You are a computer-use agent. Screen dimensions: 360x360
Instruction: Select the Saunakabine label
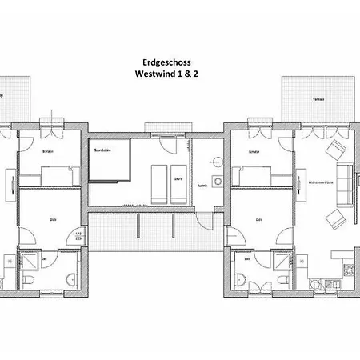[102, 149]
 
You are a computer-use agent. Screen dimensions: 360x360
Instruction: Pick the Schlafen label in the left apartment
[47, 151]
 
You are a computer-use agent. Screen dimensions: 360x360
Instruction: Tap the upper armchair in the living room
[334, 150]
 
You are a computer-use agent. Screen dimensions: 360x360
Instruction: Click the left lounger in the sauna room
[157, 182]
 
